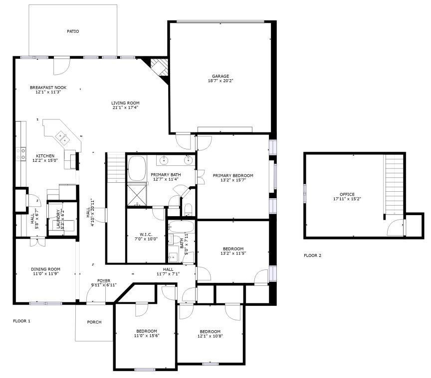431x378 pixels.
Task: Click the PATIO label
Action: (x=73, y=31)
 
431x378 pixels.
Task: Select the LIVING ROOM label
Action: (x=125, y=103)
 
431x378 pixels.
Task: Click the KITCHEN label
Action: (x=45, y=156)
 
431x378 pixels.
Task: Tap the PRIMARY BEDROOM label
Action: (x=233, y=175)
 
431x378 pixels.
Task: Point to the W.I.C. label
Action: (x=146, y=234)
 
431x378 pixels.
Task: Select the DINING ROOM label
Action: (x=45, y=269)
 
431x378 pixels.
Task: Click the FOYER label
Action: (x=103, y=280)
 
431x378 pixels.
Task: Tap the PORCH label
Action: (x=94, y=322)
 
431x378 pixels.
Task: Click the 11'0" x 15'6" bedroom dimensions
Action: (x=146, y=336)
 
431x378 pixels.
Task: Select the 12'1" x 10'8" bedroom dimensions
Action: (x=210, y=336)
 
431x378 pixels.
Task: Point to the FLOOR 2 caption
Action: (x=312, y=255)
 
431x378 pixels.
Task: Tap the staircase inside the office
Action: (x=394, y=182)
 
